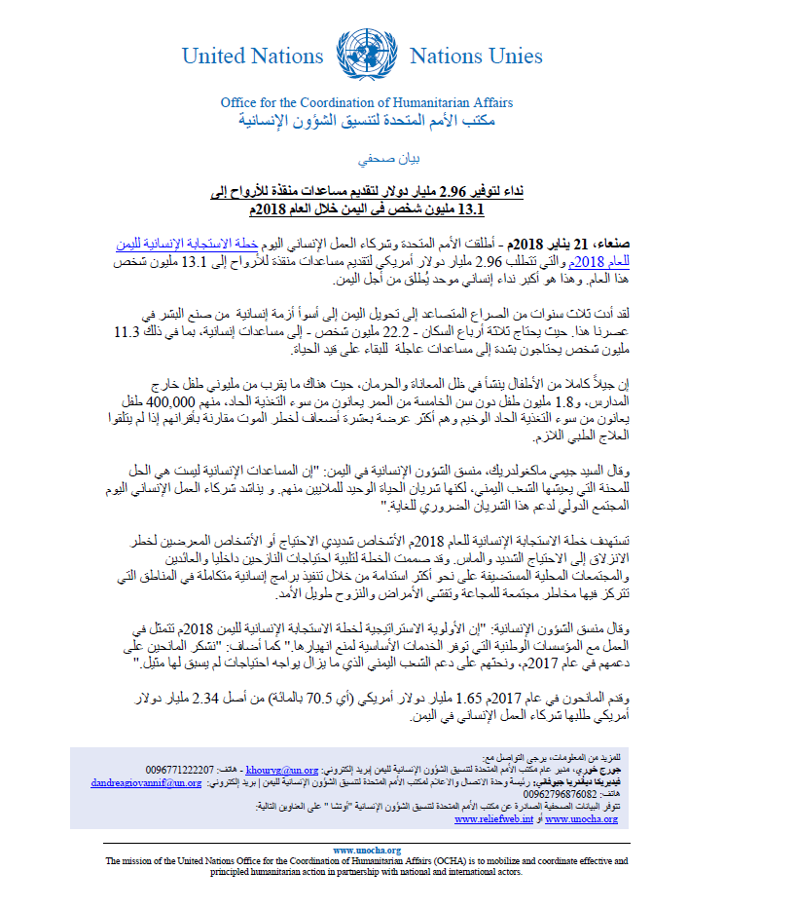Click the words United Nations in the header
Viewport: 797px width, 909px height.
(x=252, y=56)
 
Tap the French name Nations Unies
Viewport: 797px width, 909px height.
(x=476, y=56)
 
